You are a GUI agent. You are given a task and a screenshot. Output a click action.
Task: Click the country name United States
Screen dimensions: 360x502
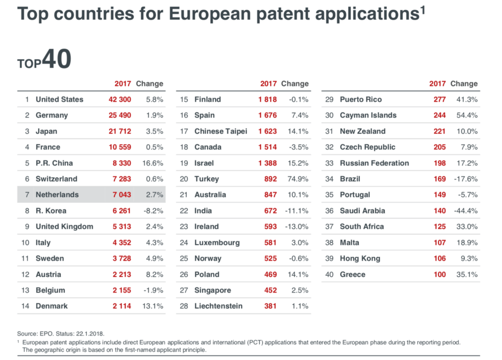point(59,99)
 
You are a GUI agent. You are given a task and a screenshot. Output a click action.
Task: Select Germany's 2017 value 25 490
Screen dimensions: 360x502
point(120,116)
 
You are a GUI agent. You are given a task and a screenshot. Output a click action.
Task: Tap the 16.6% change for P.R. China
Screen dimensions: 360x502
point(154,163)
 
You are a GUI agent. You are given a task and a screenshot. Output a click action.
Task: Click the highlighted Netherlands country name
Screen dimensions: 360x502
point(57,195)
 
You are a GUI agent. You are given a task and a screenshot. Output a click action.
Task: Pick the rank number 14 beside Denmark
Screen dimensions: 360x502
point(25,306)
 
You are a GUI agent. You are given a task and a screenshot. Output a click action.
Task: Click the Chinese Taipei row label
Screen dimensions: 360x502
point(221,131)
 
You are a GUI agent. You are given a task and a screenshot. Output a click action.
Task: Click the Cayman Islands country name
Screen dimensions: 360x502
point(368,116)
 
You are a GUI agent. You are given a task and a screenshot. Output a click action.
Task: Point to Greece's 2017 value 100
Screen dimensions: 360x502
point(439,274)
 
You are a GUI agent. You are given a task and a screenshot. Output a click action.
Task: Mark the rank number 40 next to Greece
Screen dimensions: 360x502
point(329,274)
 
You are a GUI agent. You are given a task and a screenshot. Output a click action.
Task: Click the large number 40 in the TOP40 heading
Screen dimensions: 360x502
point(56,59)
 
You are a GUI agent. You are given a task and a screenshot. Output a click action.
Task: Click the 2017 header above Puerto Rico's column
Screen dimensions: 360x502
point(437,84)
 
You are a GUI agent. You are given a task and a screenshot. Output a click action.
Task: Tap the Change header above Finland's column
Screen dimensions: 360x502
point(295,84)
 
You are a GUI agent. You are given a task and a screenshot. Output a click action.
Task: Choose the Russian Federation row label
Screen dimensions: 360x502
point(374,163)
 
